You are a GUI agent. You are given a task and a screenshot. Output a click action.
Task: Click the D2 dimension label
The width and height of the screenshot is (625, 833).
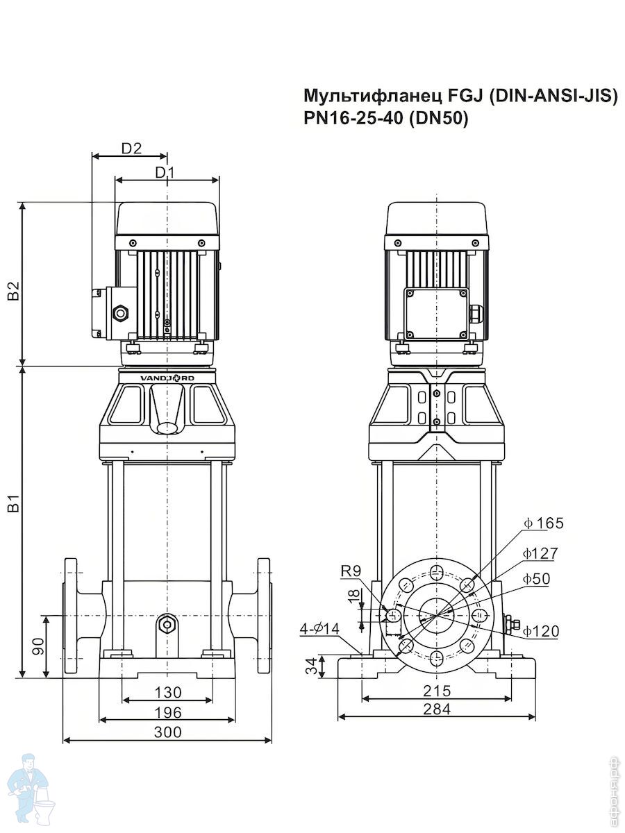pos(131,148)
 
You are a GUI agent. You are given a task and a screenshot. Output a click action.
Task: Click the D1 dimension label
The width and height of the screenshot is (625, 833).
pos(165,173)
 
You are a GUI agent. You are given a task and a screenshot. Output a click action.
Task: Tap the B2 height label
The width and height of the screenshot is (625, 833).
pos(14,291)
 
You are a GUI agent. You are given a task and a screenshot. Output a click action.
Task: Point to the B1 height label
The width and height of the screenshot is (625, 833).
pos(14,503)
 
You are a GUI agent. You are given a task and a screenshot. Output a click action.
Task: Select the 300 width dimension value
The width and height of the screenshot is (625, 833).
pos(168,732)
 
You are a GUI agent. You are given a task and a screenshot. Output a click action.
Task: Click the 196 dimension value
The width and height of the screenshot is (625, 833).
pos(168,712)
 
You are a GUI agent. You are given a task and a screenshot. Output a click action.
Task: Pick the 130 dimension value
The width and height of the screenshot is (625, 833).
pos(168,692)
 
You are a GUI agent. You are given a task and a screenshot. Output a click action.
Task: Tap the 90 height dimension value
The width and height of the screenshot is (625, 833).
pos(38,646)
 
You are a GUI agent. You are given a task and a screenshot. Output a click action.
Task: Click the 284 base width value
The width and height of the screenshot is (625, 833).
pos(437,709)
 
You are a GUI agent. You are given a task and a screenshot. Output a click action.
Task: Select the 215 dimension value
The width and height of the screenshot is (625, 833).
pos(437,691)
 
